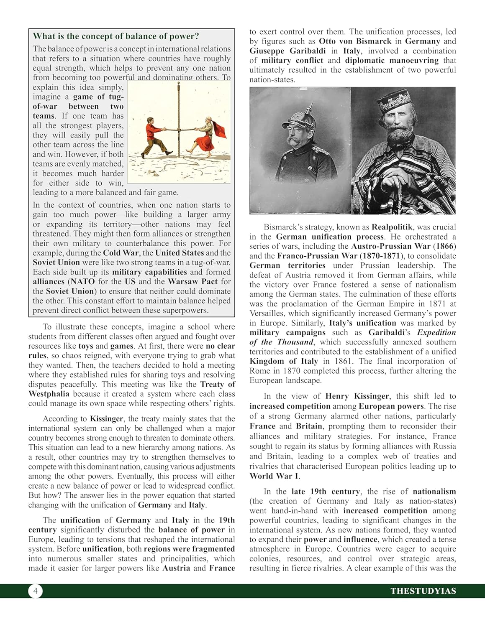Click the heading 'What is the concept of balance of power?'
click(116, 36)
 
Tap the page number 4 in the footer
click(36, 591)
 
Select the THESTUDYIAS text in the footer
click(423, 591)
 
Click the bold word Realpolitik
click(393, 227)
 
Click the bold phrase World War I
click(274, 476)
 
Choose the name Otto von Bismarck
click(355, 41)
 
